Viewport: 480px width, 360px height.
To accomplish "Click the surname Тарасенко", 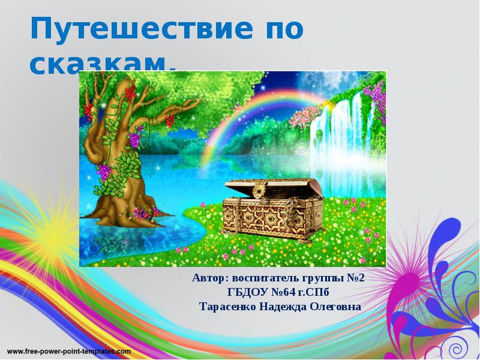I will click(x=228, y=307).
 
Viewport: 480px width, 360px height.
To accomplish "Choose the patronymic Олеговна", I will click(x=337, y=307).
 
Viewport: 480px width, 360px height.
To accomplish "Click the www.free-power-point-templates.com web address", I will click(x=69, y=349).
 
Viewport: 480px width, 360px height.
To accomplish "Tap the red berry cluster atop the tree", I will click(x=128, y=92).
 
